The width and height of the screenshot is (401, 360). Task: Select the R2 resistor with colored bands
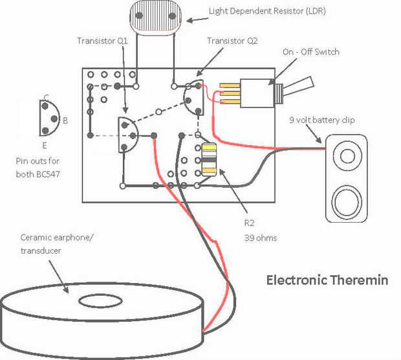point(210,160)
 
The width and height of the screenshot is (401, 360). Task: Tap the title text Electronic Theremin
point(327,280)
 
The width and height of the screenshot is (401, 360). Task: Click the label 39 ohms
point(261,238)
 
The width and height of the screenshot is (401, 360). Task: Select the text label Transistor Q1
point(103,41)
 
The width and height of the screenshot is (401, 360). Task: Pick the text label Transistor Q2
point(233,41)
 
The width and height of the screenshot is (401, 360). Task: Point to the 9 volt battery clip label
point(322,120)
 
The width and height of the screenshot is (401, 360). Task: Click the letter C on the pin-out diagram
point(47,97)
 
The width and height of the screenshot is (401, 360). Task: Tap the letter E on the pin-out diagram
point(45,145)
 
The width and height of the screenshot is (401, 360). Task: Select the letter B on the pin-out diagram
point(65,120)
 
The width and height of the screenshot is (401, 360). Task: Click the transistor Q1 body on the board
point(126,135)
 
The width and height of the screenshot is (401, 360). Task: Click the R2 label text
point(249,223)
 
